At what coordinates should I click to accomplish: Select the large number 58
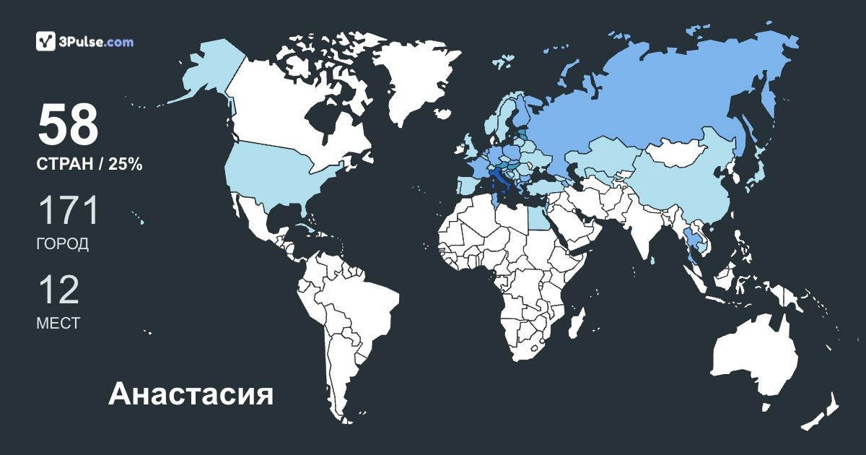click(x=68, y=125)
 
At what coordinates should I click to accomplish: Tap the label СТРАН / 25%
click(x=89, y=165)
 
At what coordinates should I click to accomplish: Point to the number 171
click(x=68, y=211)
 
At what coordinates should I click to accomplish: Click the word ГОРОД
click(x=63, y=244)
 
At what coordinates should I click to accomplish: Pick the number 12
click(x=58, y=290)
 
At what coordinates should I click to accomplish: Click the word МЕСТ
click(x=58, y=324)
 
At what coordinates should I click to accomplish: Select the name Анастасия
click(x=191, y=394)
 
